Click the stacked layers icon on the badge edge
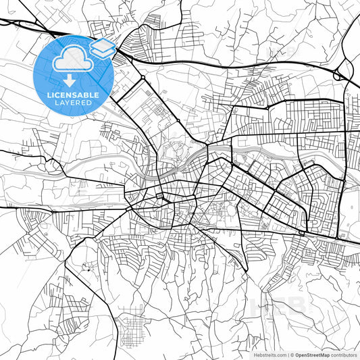(x=103, y=47)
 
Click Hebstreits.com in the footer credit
(x=269, y=354)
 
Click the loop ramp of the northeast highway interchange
(x=337, y=75)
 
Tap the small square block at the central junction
(x=159, y=197)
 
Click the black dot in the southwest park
(x=87, y=269)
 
